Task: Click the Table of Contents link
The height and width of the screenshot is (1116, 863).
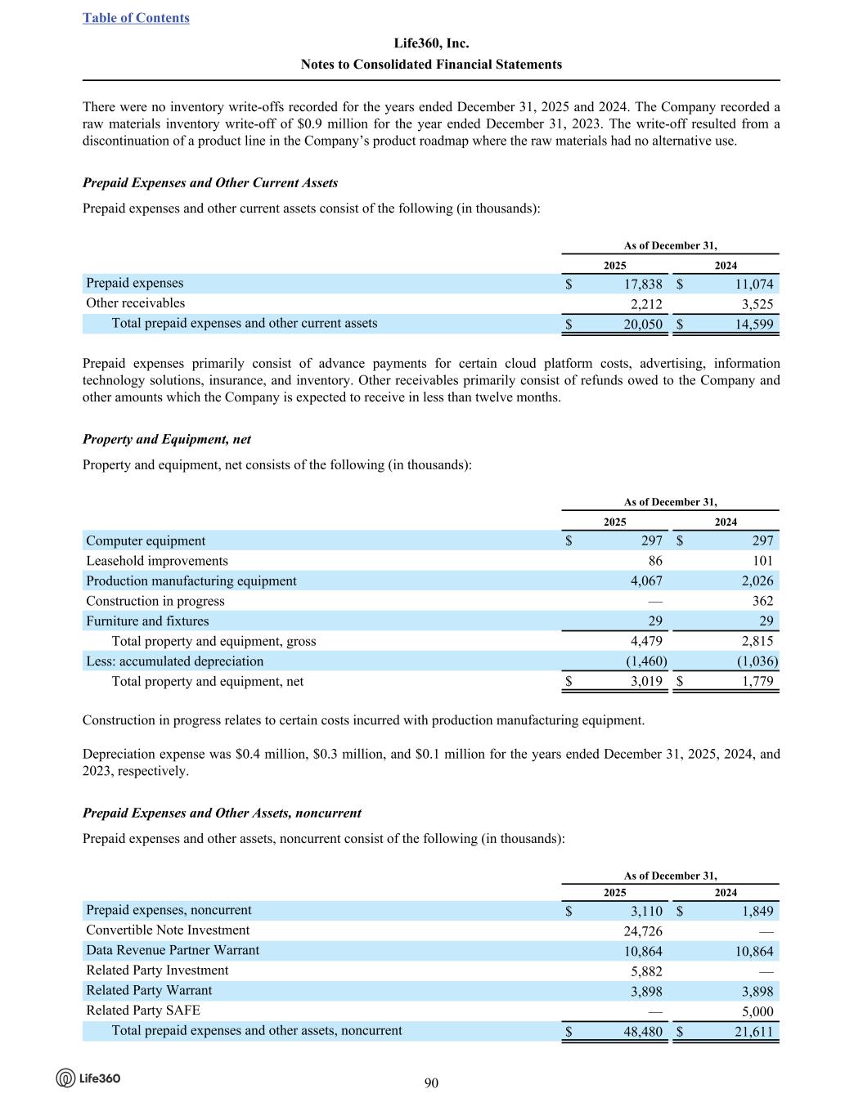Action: point(136,18)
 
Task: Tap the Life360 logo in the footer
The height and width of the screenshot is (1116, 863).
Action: point(88,1078)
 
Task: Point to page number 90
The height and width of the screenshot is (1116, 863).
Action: point(431,1083)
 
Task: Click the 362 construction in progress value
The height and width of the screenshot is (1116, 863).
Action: point(762,601)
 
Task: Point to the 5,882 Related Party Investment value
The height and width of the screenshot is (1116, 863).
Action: point(645,971)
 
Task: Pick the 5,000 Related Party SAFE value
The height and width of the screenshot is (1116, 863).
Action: point(756,1011)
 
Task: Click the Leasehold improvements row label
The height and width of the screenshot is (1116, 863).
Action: point(157,561)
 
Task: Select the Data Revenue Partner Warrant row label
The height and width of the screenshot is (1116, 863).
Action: point(173,950)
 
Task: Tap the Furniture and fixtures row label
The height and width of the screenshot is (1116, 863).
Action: point(147,621)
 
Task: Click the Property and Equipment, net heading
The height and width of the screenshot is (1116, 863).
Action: point(167,439)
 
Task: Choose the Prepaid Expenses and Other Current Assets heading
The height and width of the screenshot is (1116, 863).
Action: point(210,182)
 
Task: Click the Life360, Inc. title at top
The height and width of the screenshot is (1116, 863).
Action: point(431,43)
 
